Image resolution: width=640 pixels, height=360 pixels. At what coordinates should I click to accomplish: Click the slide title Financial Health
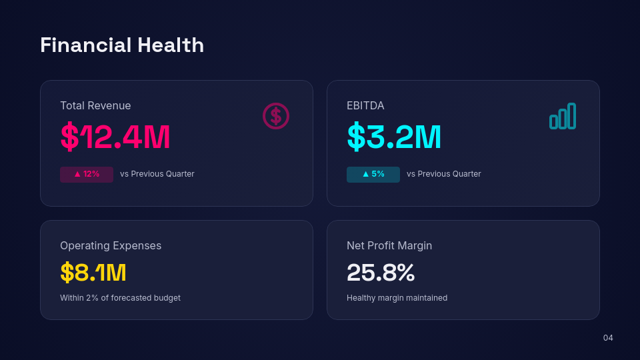tap(122, 45)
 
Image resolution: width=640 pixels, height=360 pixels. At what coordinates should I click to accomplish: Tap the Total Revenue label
tap(95, 105)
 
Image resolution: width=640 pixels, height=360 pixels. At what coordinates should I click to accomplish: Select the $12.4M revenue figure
tap(115, 137)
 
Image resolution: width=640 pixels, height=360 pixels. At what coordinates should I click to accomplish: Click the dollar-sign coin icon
tap(275, 116)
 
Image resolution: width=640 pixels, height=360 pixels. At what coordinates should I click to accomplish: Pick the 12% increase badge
tap(87, 174)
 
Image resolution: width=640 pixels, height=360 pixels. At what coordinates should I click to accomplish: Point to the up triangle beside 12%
tap(77, 174)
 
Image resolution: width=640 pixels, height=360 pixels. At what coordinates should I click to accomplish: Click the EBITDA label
tap(365, 105)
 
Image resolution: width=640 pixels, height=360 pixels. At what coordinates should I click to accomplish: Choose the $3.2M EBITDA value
tap(394, 137)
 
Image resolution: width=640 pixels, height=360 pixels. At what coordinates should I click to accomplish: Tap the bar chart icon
tap(562, 116)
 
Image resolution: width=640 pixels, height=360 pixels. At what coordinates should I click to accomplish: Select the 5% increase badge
tap(373, 174)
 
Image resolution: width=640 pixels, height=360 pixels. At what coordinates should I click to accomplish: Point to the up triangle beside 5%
tap(365, 174)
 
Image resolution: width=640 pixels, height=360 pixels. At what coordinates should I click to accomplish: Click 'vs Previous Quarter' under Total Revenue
tap(157, 174)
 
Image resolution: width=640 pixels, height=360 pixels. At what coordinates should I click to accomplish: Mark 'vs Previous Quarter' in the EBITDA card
tap(444, 174)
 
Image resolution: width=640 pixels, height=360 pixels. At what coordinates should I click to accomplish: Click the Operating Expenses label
tap(111, 245)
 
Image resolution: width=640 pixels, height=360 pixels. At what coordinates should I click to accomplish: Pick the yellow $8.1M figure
tap(93, 273)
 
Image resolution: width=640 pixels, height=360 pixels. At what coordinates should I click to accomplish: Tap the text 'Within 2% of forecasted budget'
tap(120, 298)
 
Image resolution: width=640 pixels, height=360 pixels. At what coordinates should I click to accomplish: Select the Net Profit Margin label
tap(389, 245)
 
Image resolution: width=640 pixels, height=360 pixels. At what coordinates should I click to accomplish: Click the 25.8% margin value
tap(381, 273)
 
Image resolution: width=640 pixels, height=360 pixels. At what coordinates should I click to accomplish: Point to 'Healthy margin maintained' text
tap(397, 298)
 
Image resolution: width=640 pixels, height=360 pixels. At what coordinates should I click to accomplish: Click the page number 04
tap(608, 338)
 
